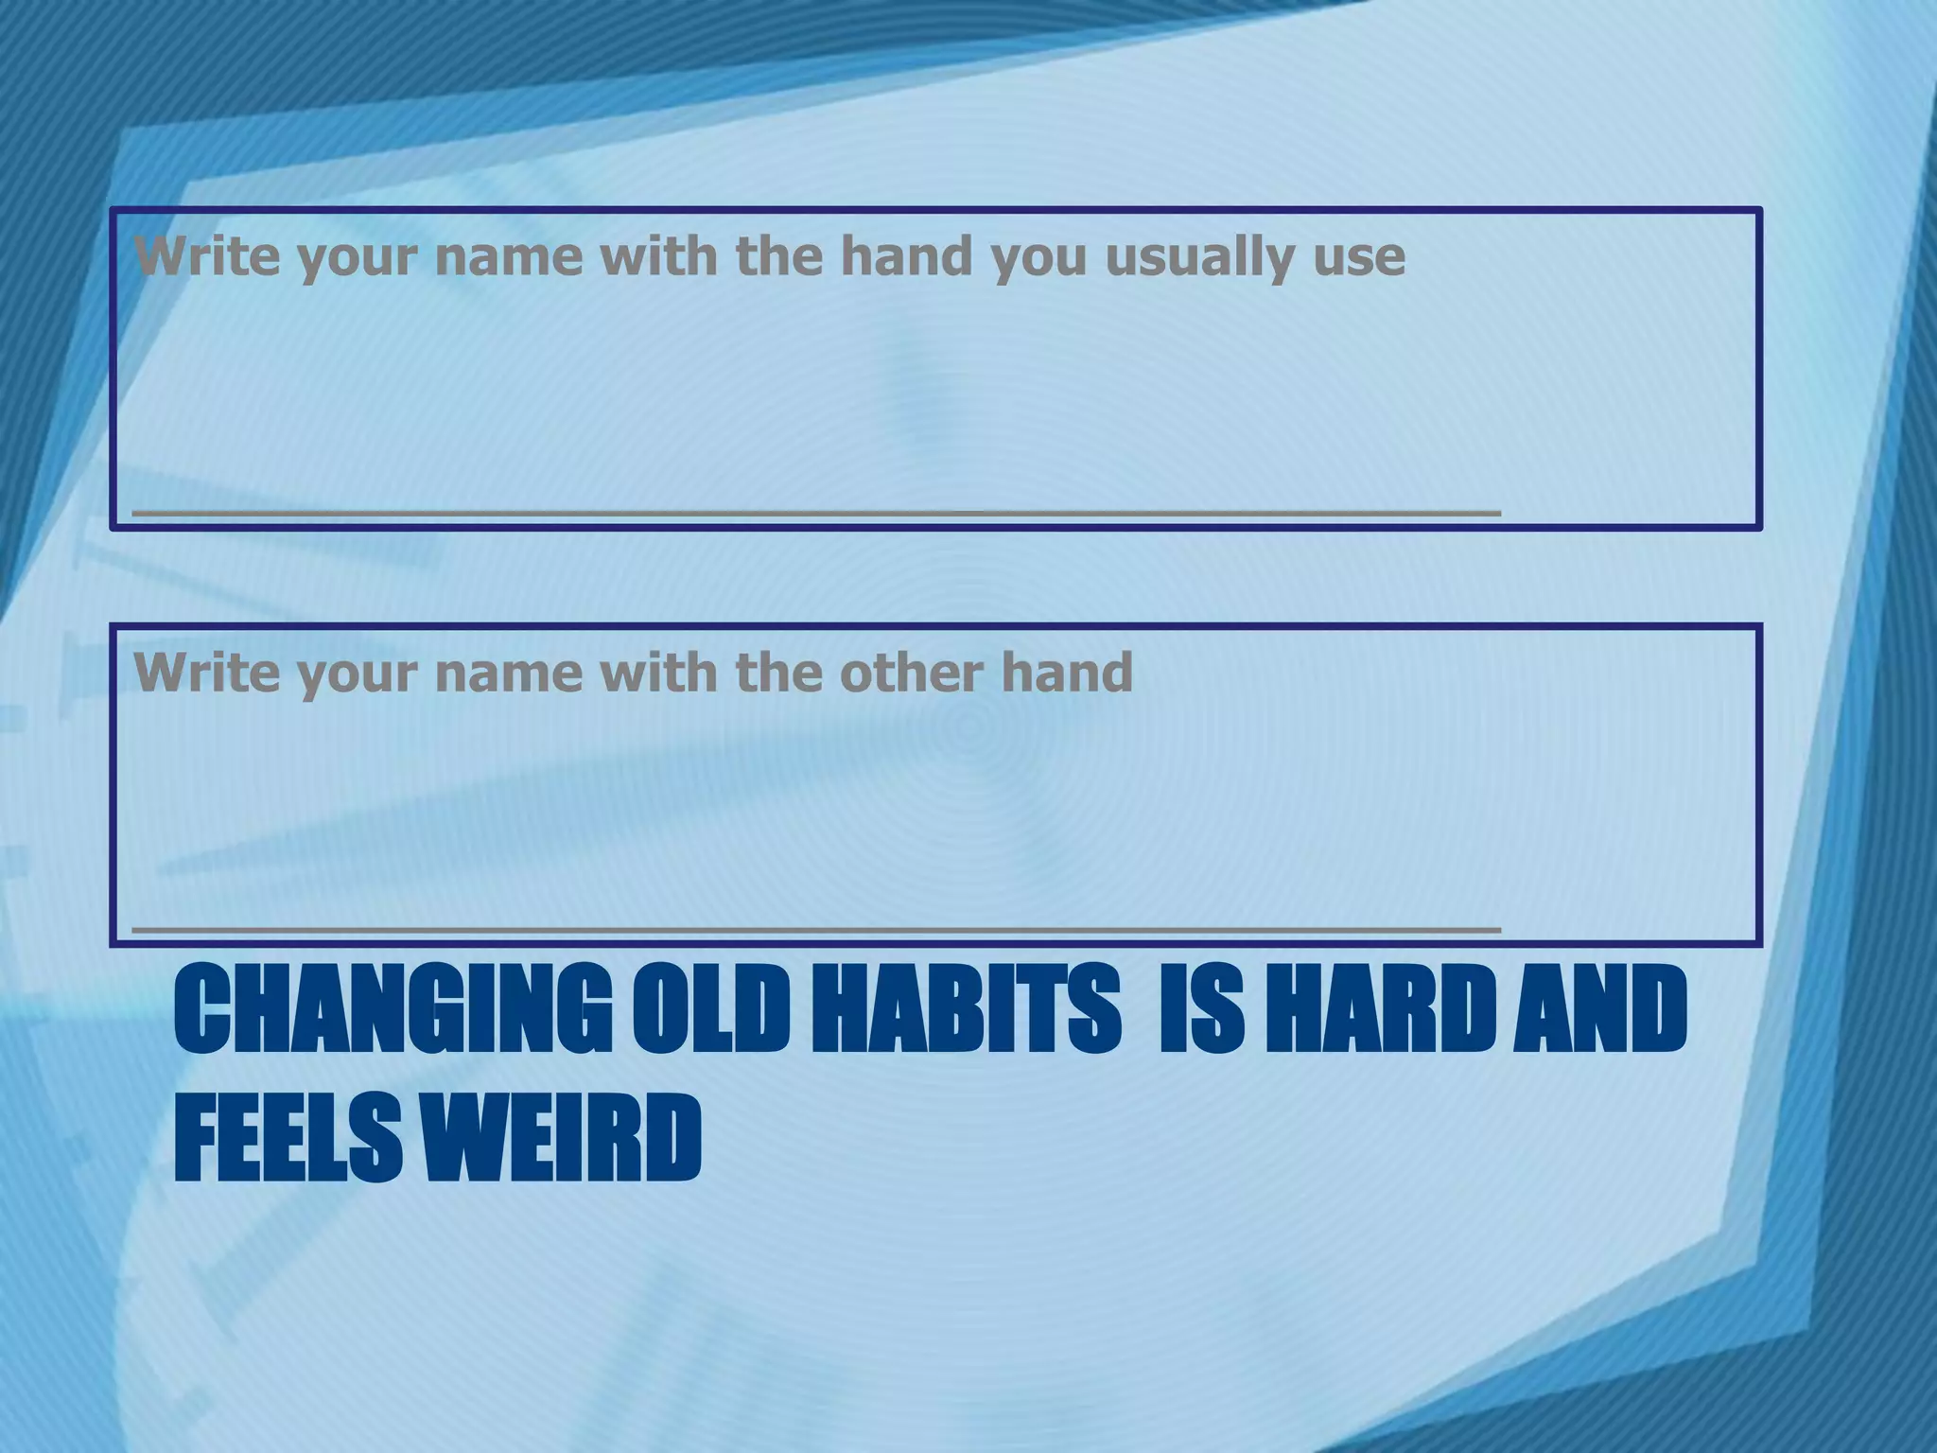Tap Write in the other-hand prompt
click(x=207, y=672)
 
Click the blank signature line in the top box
click(x=816, y=511)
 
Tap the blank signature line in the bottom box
click(x=816, y=928)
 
